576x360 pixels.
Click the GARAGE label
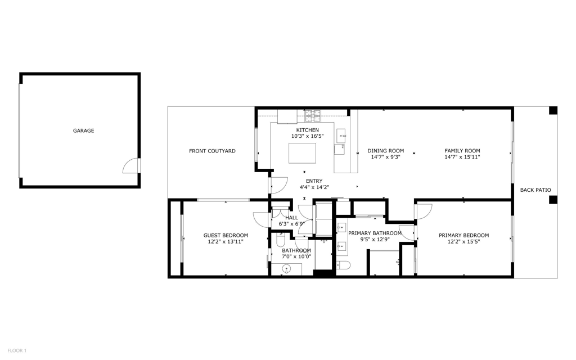pos(83,130)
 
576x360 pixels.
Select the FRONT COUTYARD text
pos(212,151)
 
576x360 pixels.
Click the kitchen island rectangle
pos(302,153)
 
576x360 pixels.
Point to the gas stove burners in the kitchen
pos(313,116)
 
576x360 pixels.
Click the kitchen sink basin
pos(341,136)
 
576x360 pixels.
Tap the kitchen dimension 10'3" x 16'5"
pos(308,136)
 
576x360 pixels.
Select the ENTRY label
pos(314,181)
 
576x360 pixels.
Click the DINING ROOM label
pos(386,151)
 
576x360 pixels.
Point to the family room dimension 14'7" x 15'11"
pos(462,157)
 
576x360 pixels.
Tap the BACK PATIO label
pos(535,190)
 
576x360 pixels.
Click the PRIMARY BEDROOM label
pos(464,236)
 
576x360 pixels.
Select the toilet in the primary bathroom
pos(344,265)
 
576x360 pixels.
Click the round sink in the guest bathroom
pos(287,269)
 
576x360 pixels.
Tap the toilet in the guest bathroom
pos(280,241)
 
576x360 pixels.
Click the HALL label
pos(292,218)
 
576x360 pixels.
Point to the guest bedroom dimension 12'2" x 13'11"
pos(226,242)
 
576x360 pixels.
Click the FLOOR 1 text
pos(17,351)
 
